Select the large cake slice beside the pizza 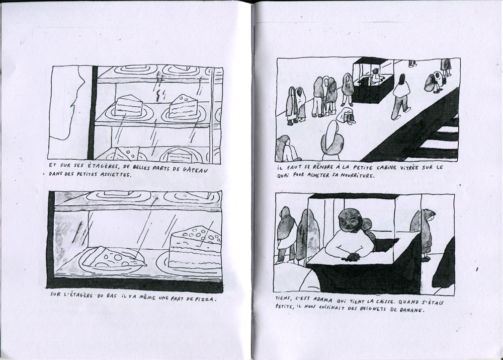[x=195, y=247]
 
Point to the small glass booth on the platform [x=373, y=80]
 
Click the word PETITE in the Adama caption [x=284, y=307]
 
